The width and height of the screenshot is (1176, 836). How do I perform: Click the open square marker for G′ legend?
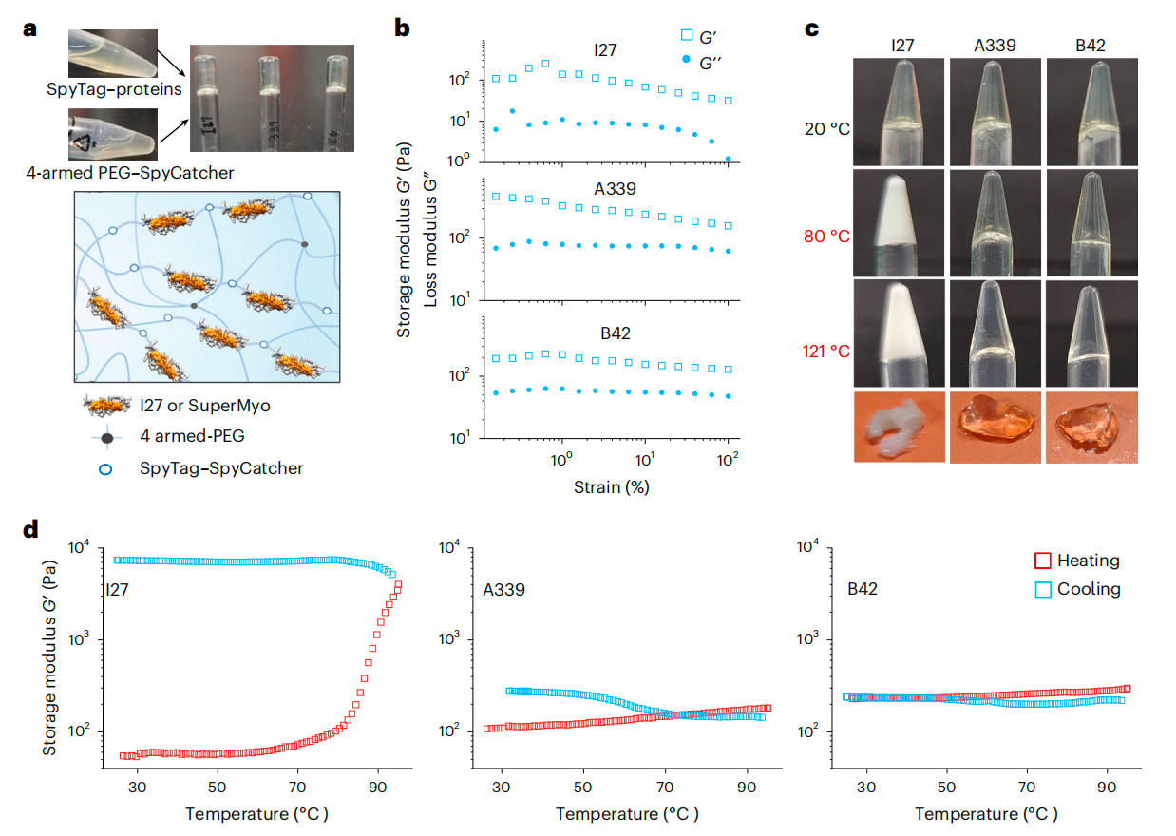point(689,35)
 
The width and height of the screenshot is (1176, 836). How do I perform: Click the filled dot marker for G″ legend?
point(688,60)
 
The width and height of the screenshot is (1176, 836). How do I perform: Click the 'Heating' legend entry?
point(1090,560)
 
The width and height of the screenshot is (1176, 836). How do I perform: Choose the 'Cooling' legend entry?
point(1090,589)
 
